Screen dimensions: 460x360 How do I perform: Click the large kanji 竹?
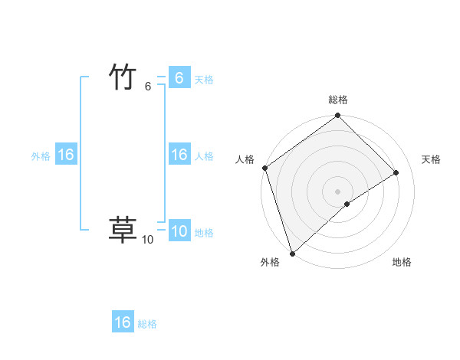pyautogui.click(x=123, y=77)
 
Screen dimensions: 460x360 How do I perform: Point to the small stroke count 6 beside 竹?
pyautogui.click(x=148, y=87)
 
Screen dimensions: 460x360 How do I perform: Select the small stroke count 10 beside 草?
pyautogui.click(x=147, y=240)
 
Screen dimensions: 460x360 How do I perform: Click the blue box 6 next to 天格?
pyautogui.click(x=179, y=78)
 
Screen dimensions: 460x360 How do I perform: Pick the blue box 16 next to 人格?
pyautogui.click(x=179, y=155)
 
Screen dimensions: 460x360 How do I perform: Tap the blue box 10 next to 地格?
pyautogui.click(x=179, y=231)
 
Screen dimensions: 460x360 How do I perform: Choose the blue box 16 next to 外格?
pyautogui.click(x=65, y=155)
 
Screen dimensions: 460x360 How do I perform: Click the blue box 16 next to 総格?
pyautogui.click(x=123, y=322)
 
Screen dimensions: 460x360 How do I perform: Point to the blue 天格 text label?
pyautogui.click(x=204, y=80)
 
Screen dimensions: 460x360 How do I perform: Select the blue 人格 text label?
pyautogui.click(x=204, y=156)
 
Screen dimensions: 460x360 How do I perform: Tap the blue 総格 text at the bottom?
pyautogui.click(x=147, y=324)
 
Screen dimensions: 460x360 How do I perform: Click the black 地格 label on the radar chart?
pyautogui.click(x=402, y=262)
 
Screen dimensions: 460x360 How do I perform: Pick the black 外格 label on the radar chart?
pyautogui.click(x=270, y=262)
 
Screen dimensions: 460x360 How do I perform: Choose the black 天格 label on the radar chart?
pyautogui.click(x=431, y=159)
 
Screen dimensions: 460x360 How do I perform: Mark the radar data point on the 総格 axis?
pyautogui.click(x=337, y=116)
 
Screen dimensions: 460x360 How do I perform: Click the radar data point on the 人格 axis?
pyautogui.click(x=264, y=168)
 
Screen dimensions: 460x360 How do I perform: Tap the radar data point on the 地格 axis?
pyautogui.click(x=347, y=204)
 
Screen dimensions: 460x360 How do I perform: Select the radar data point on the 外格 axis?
pyautogui.click(x=292, y=252)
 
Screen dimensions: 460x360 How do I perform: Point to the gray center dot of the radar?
pyautogui.click(x=337, y=191)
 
